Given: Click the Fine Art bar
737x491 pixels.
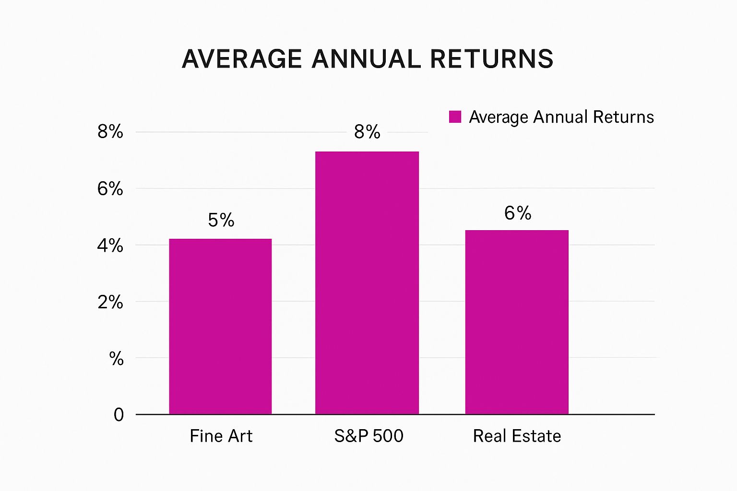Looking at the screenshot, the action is (220, 326).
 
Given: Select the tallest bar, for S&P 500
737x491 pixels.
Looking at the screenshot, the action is (367, 283).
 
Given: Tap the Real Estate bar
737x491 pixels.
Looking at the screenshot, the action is (517, 322).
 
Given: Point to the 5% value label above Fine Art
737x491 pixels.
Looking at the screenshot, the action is (221, 220).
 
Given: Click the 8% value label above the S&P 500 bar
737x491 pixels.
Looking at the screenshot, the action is (367, 132).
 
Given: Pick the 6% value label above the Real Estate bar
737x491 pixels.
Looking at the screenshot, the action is (518, 213).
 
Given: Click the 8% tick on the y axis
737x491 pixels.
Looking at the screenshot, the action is (110, 131).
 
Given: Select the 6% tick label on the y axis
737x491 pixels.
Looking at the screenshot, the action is (110, 189).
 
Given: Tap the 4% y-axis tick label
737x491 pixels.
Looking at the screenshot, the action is (110, 245).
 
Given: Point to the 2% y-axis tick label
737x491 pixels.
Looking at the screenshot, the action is (110, 302).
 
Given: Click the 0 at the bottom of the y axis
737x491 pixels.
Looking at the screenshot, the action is (119, 415).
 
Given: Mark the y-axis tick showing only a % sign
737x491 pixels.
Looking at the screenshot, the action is (117, 359).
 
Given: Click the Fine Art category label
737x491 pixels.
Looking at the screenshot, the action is (221, 436).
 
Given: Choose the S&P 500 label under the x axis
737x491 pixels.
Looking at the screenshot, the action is (369, 436).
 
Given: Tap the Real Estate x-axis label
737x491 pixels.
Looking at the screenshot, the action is (517, 436).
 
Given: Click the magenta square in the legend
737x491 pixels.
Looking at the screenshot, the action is (455, 117).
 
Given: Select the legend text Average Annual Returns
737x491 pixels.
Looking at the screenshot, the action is (562, 117).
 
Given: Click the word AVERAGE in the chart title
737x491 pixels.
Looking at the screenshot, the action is (242, 59).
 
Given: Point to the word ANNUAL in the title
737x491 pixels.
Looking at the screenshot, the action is (366, 59).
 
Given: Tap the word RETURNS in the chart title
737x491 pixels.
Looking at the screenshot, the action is (492, 59).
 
